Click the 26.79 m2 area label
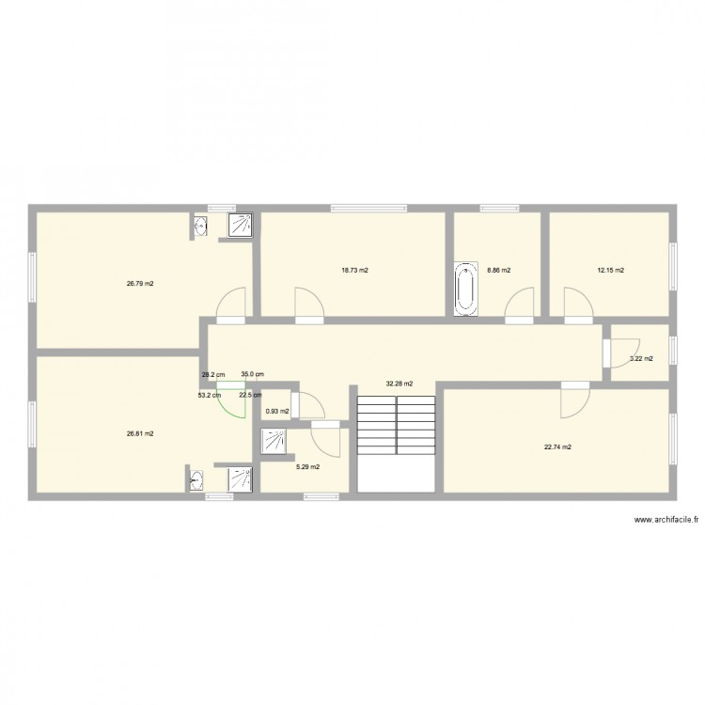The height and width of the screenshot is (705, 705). tap(141, 283)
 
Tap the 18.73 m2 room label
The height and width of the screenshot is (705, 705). tap(355, 271)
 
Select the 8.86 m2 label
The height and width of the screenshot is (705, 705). tap(499, 271)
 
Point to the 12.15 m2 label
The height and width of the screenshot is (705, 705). tap(611, 271)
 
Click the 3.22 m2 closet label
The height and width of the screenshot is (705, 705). tap(641, 358)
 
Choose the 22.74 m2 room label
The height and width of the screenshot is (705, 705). tap(557, 447)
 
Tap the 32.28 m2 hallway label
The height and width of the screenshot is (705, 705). tap(399, 384)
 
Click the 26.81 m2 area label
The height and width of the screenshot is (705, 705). tap(140, 433)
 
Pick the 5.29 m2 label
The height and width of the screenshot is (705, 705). tap(307, 467)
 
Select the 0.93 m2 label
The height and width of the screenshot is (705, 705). tap(277, 411)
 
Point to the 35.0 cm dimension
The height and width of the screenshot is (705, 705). tap(253, 374)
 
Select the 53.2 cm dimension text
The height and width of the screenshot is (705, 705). tap(210, 395)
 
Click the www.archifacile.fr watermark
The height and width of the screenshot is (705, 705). tap(666, 521)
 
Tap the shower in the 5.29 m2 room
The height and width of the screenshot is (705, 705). tap(274, 441)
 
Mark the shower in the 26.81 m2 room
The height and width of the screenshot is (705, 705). tap(240, 478)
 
